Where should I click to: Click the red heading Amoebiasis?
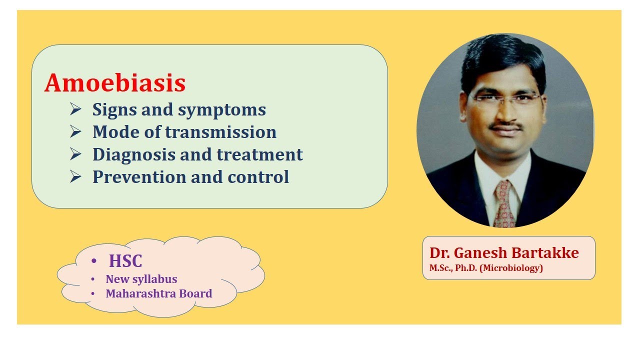tap(115, 83)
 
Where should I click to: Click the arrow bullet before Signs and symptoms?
tap(75, 109)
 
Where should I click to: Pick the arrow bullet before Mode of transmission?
tap(75, 132)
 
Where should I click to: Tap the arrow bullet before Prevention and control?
tap(75, 176)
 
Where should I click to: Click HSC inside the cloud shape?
tap(125, 261)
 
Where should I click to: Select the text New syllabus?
tap(141, 279)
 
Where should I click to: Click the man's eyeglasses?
tap(506, 98)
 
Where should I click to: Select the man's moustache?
tap(506, 126)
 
